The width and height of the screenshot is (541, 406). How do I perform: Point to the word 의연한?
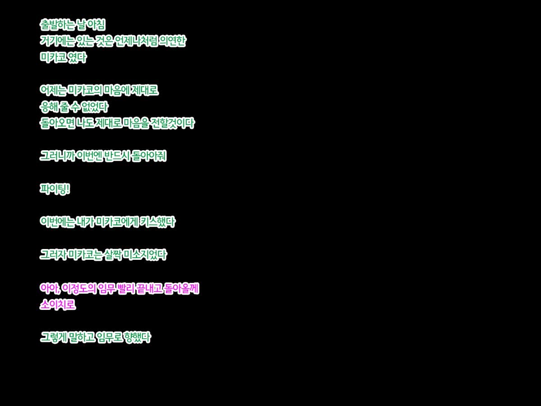pyautogui.click(x=173, y=41)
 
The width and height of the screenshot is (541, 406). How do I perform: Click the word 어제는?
pyautogui.click(x=53, y=90)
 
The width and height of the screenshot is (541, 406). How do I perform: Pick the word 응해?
pyautogui.click(x=48, y=107)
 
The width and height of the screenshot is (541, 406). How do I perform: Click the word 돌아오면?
pyautogui.click(x=57, y=123)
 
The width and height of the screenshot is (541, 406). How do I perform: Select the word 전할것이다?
pyautogui.click(x=173, y=123)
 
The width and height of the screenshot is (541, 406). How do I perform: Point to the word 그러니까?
pyautogui.click(x=57, y=156)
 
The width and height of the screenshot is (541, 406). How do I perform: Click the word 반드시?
pyautogui.click(x=117, y=156)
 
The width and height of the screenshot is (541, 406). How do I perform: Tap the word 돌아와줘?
pyautogui.click(x=149, y=156)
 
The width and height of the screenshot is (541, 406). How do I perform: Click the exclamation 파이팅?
pyautogui.click(x=55, y=189)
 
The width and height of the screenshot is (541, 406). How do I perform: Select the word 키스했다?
pyautogui.click(x=158, y=222)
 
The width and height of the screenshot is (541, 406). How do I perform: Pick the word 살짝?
pyautogui.click(x=113, y=254)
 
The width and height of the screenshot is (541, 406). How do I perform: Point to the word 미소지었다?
pyautogui.click(x=145, y=254)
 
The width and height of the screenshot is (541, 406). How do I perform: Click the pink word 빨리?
pyautogui.click(x=126, y=288)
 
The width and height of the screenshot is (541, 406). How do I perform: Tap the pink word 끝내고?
pyautogui.click(x=149, y=288)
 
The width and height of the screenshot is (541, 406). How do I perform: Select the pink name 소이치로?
pyautogui.click(x=58, y=305)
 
